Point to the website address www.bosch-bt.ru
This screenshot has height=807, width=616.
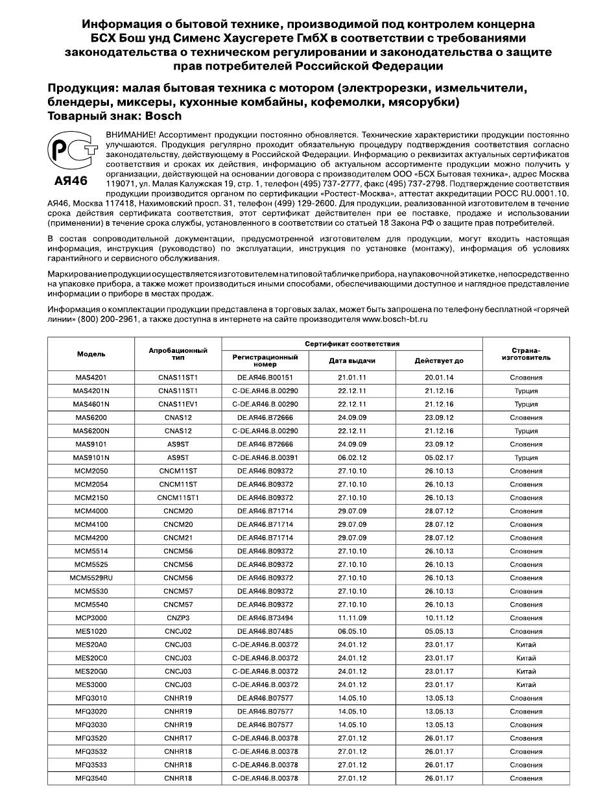click(x=395, y=320)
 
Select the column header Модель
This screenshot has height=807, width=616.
click(x=91, y=354)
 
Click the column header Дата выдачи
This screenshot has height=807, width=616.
click(x=352, y=361)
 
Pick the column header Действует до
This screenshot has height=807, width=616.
click(x=439, y=361)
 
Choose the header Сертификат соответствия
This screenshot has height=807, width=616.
click(x=352, y=344)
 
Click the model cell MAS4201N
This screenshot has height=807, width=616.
click(x=91, y=391)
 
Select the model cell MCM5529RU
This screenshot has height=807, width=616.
click(x=91, y=578)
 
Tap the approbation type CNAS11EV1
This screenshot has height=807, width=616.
click(x=178, y=404)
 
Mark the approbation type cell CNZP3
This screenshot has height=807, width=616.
click(x=178, y=618)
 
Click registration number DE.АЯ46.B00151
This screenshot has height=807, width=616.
click(x=265, y=378)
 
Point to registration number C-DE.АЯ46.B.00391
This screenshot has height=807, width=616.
click(x=265, y=457)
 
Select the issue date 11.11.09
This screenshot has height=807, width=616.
click(x=352, y=618)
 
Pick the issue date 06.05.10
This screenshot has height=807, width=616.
click(x=352, y=631)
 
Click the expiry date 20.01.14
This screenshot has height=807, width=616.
click(x=439, y=378)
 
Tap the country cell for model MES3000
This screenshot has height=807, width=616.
click(x=526, y=685)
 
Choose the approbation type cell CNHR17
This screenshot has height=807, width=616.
click(x=178, y=738)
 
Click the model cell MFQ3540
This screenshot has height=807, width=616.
click(x=91, y=778)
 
